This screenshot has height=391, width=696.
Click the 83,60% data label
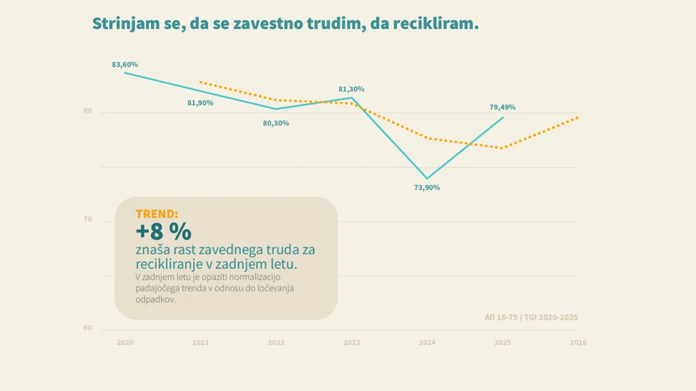pyautogui.click(x=125, y=64)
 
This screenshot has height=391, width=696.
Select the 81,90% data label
pyautogui.click(x=201, y=103)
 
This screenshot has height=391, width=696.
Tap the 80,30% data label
pyautogui.click(x=276, y=123)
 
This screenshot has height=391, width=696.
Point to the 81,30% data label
pyautogui.click(x=351, y=89)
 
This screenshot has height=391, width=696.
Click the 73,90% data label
pyautogui.click(x=427, y=187)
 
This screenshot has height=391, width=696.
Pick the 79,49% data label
pyautogui.click(x=502, y=107)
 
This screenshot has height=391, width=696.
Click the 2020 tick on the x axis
pyautogui.click(x=125, y=343)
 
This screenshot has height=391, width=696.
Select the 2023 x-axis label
pyautogui.click(x=351, y=343)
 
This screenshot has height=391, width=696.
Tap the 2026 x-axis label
pyautogui.click(x=578, y=343)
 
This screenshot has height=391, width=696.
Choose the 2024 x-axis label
pyautogui.click(x=427, y=343)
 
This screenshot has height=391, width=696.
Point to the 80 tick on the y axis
pyautogui.click(x=88, y=111)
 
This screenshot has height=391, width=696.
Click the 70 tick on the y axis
pyautogui.click(x=88, y=220)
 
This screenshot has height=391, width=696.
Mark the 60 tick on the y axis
pyautogui.click(x=88, y=329)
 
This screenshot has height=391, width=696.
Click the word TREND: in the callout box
pyautogui.click(x=157, y=214)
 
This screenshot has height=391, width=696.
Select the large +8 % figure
pyautogui.click(x=163, y=231)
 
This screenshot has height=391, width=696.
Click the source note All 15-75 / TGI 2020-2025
pyautogui.click(x=532, y=317)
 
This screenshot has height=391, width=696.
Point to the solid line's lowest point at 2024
pyautogui.click(x=427, y=179)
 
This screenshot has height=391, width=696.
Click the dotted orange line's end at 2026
pyautogui.click(x=578, y=117)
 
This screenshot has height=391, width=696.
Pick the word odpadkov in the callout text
pyautogui.click(x=156, y=299)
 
